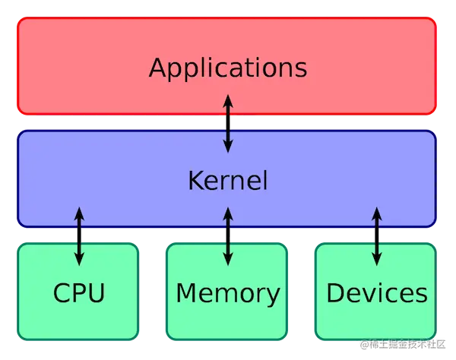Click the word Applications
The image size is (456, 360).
tap(228, 68)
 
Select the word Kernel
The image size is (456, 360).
tap(228, 181)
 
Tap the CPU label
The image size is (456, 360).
tap(79, 292)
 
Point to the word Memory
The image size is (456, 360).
tap(228, 292)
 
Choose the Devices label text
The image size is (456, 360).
tap(376, 292)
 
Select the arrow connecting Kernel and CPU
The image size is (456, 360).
tap(79, 235)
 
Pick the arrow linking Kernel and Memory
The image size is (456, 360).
tap(227, 235)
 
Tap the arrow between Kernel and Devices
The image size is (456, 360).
tap(376, 235)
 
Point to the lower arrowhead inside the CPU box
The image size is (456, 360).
tap(79, 260)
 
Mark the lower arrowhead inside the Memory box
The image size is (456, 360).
tap(227, 260)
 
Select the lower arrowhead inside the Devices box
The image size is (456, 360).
tap(376, 260)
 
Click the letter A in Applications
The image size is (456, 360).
tap(158, 67)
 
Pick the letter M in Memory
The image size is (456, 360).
tap(186, 292)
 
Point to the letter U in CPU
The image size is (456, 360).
tap(97, 292)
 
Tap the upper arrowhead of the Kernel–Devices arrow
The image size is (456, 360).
tap(376, 210)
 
